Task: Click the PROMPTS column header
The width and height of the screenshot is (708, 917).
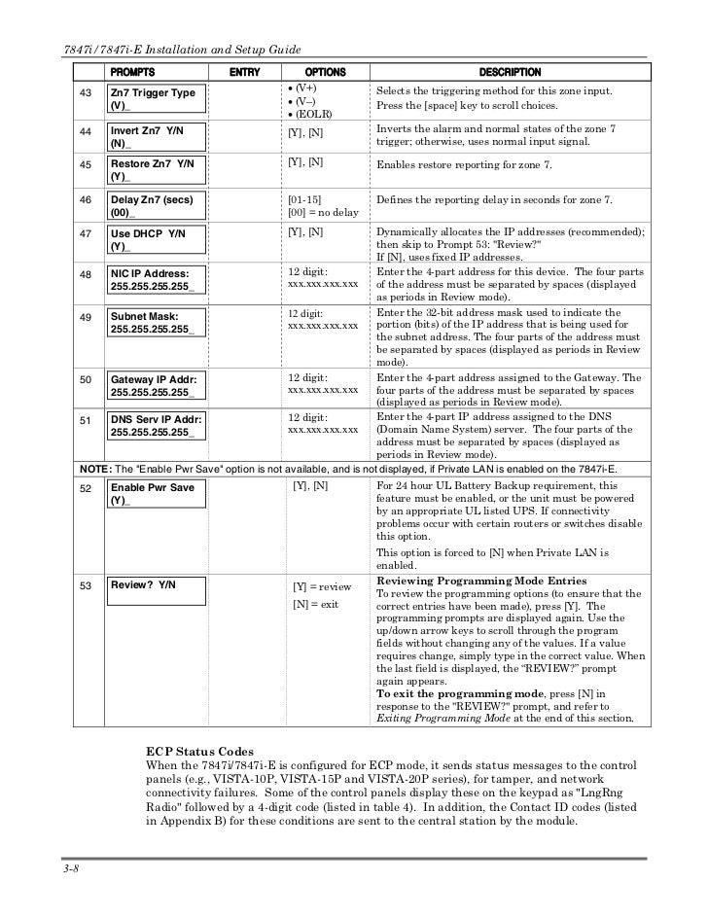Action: [x=131, y=72]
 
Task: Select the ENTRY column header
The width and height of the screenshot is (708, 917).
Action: [x=243, y=72]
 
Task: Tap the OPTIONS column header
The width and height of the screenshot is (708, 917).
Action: [x=319, y=72]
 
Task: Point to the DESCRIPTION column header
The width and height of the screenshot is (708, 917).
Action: [x=510, y=72]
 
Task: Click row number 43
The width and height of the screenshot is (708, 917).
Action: [x=85, y=92]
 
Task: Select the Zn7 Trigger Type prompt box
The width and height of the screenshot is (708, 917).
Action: [x=152, y=98]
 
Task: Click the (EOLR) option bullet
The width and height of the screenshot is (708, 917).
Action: [x=313, y=115]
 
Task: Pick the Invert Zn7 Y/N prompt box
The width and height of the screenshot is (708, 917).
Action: [x=152, y=136]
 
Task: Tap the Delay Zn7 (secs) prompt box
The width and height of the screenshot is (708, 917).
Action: [x=152, y=206]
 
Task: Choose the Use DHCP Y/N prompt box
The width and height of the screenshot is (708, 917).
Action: [x=152, y=240]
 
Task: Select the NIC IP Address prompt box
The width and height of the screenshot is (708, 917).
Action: [x=152, y=281]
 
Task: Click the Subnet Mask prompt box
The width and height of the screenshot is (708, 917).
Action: [x=152, y=323]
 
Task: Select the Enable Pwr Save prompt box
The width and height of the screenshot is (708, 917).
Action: [x=152, y=493]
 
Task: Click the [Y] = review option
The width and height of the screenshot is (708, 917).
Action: [x=322, y=587]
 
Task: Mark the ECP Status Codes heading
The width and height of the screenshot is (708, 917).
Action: [x=199, y=752]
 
